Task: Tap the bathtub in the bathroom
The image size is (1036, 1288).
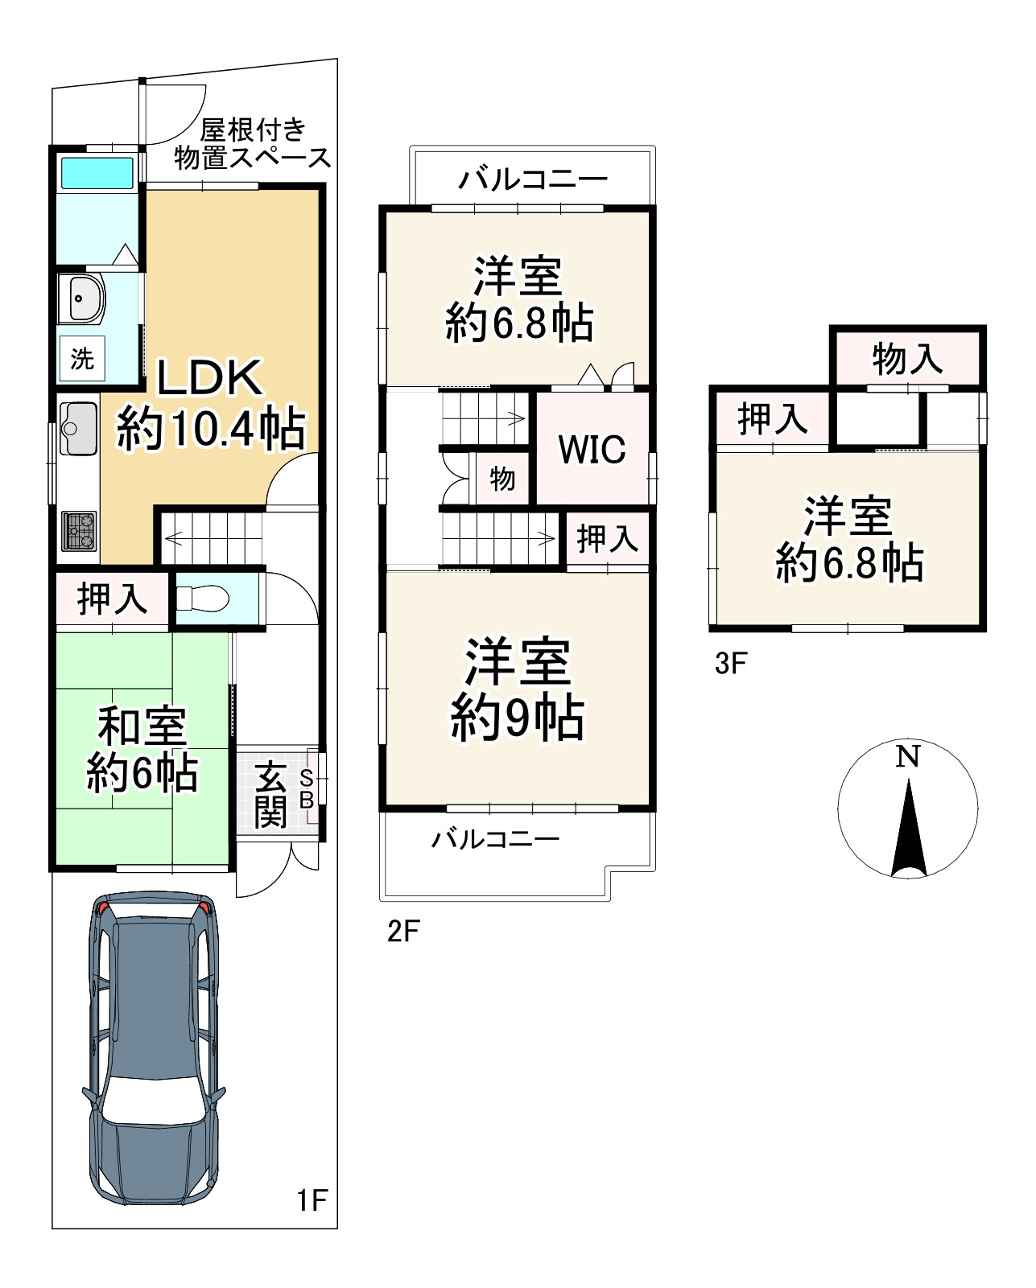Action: [97, 173]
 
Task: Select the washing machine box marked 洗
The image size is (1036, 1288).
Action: [82, 359]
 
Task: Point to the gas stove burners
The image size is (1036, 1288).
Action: [79, 531]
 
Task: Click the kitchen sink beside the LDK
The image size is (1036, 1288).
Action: [78, 429]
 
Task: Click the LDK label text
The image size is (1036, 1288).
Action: [209, 377]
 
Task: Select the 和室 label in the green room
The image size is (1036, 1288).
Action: [142, 726]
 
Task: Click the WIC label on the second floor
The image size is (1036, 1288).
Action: [592, 449]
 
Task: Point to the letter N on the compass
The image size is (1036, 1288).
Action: [908, 757]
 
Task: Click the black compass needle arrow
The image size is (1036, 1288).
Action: [909, 828]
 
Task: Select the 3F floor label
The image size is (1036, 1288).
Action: [731, 663]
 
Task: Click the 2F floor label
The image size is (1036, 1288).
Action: [403, 931]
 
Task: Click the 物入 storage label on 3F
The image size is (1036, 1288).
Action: [907, 359]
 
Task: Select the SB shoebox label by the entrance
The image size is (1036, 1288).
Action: [306, 789]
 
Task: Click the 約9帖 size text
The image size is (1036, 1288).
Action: [518, 718]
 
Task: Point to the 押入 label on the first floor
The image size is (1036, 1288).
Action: [113, 599]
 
